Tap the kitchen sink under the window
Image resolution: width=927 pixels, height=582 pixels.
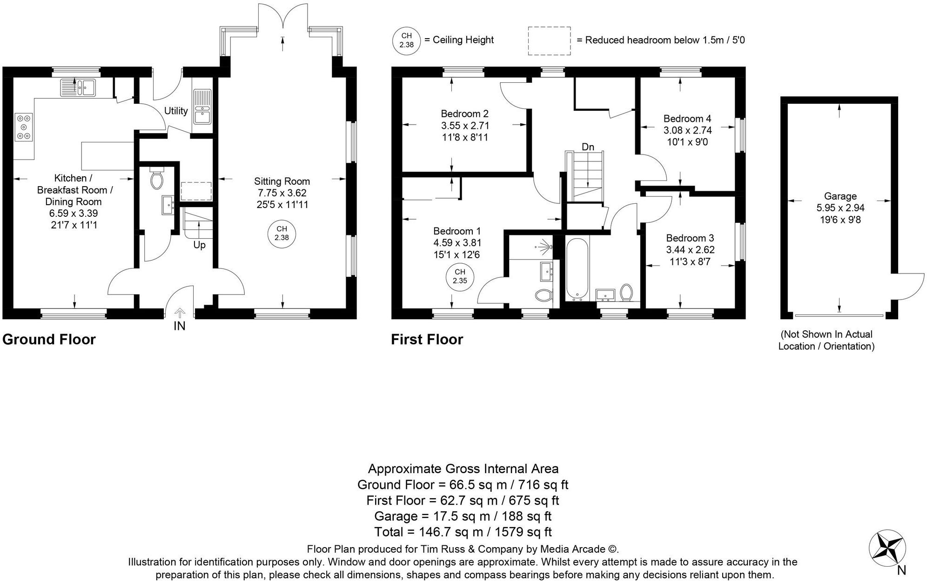click(78, 87)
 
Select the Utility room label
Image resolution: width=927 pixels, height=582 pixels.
click(176, 111)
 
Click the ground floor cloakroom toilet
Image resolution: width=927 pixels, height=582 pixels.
click(157, 179)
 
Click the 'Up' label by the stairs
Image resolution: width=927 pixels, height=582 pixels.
click(199, 245)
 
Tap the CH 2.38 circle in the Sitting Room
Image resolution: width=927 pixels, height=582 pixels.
click(282, 233)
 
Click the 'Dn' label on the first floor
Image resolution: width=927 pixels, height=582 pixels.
click(588, 147)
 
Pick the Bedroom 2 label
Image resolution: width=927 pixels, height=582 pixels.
click(464, 114)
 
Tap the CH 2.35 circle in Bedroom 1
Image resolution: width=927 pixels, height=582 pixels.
click(459, 276)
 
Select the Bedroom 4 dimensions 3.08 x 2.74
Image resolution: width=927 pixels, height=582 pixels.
click(687, 130)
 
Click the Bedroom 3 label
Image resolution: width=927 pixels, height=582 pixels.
click(690, 238)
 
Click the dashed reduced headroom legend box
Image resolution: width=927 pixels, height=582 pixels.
click(549, 41)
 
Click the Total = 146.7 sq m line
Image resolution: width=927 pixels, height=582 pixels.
click(463, 531)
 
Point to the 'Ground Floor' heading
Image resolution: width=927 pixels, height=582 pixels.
click(49, 339)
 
